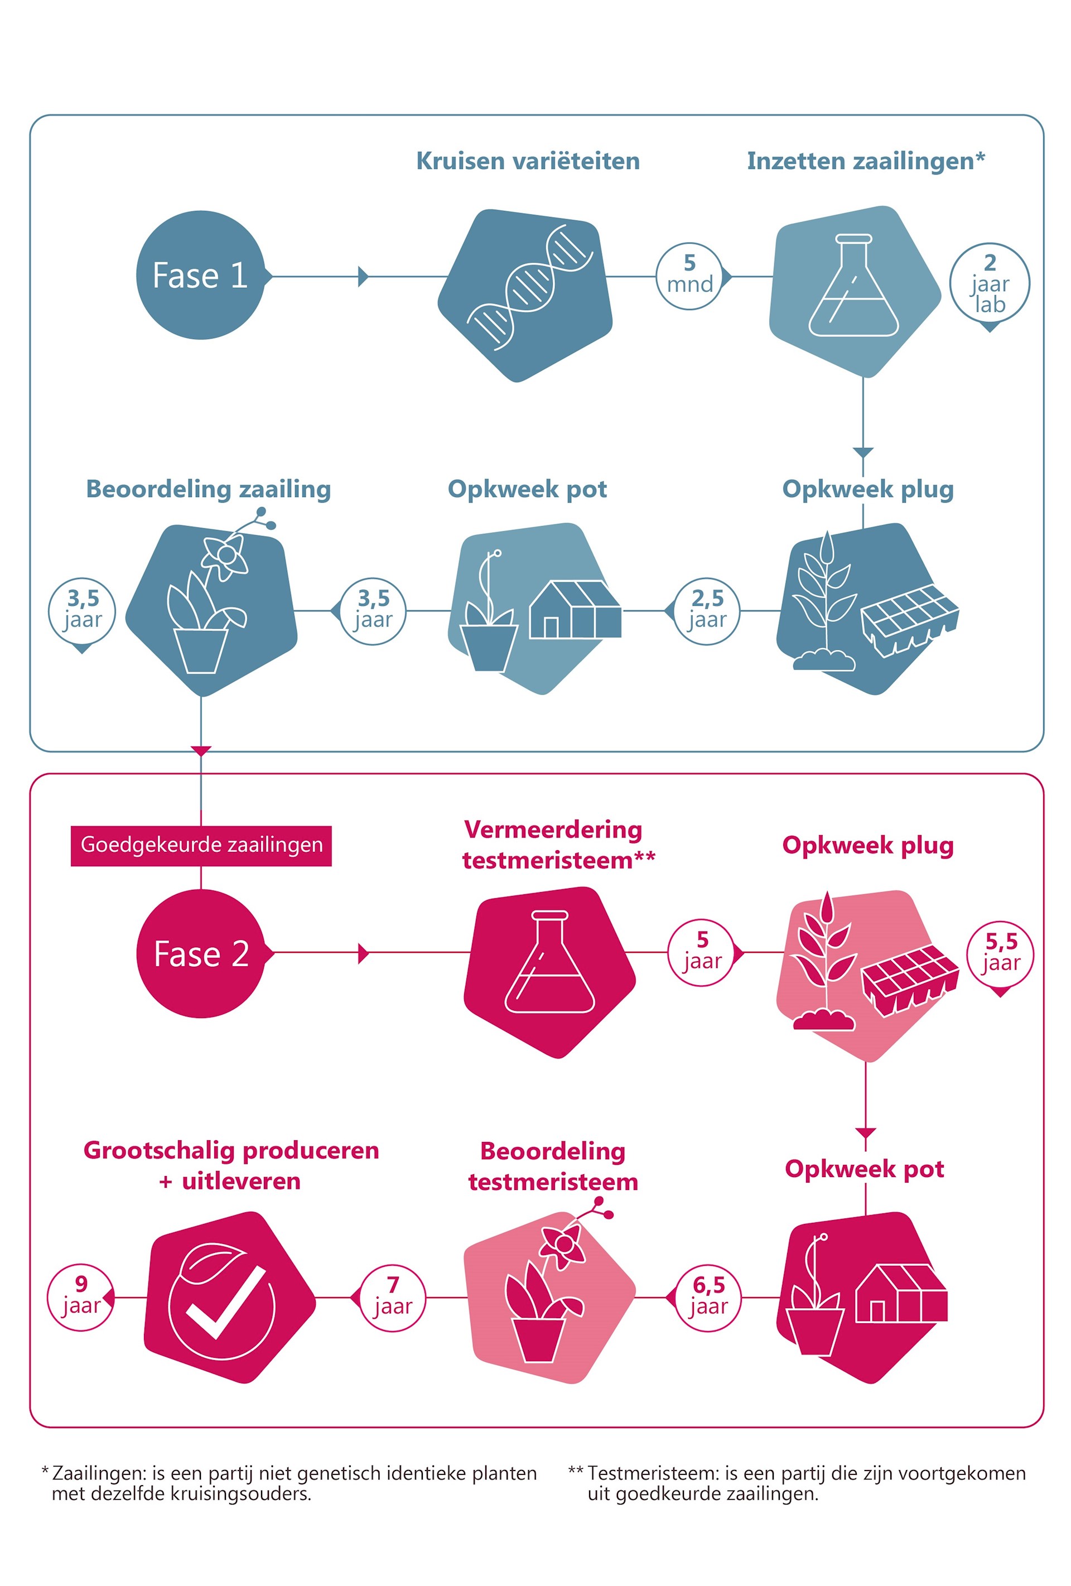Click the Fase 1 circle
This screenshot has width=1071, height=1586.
tap(200, 275)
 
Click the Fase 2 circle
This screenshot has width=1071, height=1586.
tap(201, 953)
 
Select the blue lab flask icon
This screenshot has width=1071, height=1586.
tap(853, 285)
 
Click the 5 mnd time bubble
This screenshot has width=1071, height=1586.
tap(689, 276)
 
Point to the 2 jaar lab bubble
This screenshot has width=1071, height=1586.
tap(989, 283)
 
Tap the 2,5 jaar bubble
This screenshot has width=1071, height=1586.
tap(707, 611)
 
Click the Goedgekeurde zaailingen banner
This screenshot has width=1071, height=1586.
tap(201, 846)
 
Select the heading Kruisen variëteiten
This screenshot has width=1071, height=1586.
tap(528, 161)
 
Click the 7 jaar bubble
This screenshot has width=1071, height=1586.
tap(393, 1298)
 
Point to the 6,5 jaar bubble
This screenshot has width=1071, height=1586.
tap(708, 1298)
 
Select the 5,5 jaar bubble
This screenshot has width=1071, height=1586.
tap(1000, 953)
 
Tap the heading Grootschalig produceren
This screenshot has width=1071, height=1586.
tap(231, 1151)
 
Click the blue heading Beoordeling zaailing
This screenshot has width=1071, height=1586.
tap(208, 489)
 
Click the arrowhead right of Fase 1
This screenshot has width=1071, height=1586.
tap(364, 276)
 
